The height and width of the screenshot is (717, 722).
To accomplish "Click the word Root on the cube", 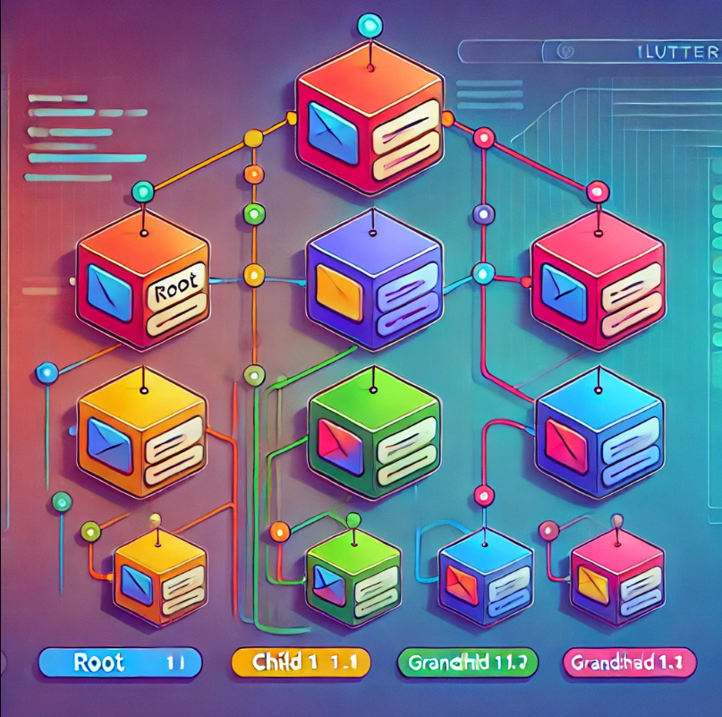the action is (x=176, y=291).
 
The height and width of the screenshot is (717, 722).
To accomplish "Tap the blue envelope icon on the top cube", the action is (x=330, y=125).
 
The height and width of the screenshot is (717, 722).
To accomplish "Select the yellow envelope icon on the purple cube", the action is (x=339, y=291).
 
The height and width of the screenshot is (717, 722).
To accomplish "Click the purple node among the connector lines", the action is (x=484, y=213).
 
